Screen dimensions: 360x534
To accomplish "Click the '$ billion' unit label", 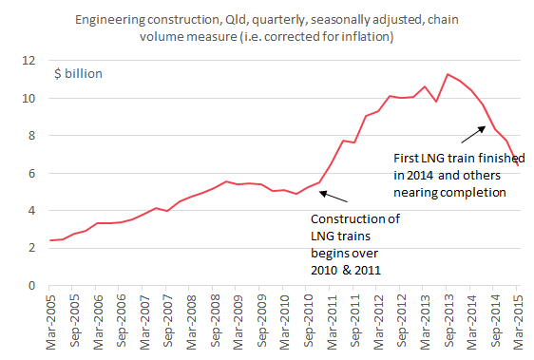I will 77,72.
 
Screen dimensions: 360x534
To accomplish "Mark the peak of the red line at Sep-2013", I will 448,74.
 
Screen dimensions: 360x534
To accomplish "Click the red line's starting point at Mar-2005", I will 49,240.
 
